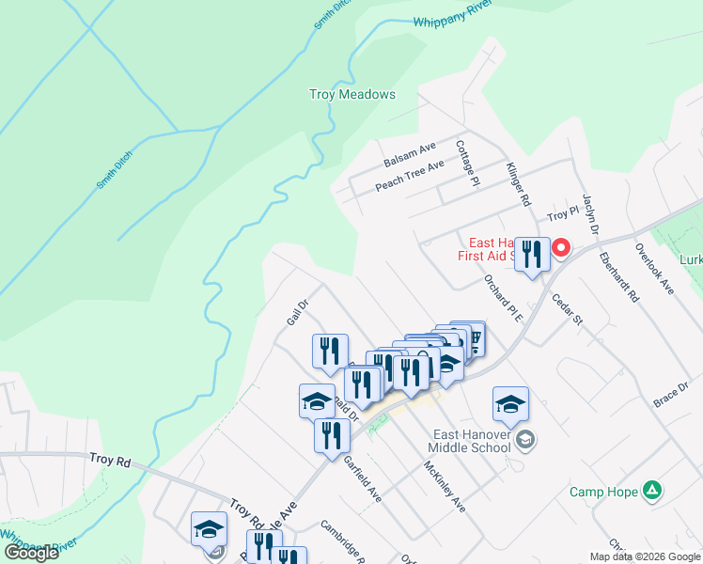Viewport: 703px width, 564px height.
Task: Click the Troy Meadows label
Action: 352,95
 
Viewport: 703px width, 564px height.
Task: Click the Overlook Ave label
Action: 655,270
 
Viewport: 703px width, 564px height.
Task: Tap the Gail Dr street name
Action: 297,313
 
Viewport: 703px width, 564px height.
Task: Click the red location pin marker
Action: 561,248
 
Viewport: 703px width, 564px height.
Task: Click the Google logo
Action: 32,553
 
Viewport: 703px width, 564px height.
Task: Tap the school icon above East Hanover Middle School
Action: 510,403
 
